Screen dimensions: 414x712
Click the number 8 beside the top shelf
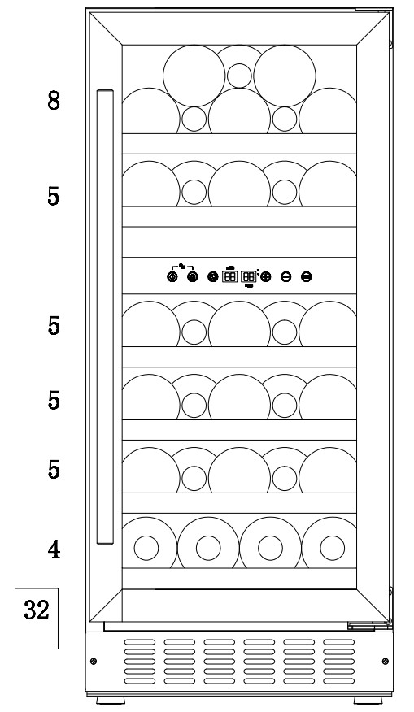(54, 100)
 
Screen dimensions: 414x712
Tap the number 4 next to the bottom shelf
(54, 550)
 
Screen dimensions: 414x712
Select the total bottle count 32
(37, 610)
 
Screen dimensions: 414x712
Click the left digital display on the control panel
(230, 276)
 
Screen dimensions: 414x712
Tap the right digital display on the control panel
(249, 276)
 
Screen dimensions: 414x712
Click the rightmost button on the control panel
(307, 276)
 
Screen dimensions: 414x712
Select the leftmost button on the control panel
(172, 276)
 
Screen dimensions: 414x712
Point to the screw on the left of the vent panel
(94, 661)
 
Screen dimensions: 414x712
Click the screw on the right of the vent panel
(386, 661)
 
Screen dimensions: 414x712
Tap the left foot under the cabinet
(111, 700)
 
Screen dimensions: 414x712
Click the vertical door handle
(105, 317)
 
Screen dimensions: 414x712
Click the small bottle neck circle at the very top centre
(239, 76)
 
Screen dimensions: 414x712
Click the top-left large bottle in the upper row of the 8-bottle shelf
(194, 76)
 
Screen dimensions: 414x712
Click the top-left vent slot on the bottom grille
(140, 642)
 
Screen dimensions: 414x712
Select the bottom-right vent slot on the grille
(339, 680)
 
